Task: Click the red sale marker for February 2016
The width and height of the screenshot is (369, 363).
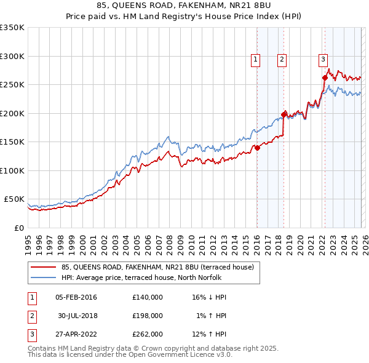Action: (257, 148)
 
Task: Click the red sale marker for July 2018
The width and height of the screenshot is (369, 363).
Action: (284, 114)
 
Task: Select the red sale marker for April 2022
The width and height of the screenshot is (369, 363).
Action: (325, 78)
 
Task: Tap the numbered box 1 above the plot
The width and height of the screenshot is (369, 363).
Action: (255, 60)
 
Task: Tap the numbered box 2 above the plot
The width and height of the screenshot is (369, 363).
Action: (282, 60)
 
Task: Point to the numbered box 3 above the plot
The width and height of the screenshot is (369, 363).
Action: (323, 60)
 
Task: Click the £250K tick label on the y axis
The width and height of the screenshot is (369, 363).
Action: (12, 85)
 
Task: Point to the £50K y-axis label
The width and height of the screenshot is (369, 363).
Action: (14, 199)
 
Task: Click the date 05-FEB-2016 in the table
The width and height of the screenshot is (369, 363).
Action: (76, 297)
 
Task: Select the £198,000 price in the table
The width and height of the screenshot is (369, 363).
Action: (148, 316)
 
